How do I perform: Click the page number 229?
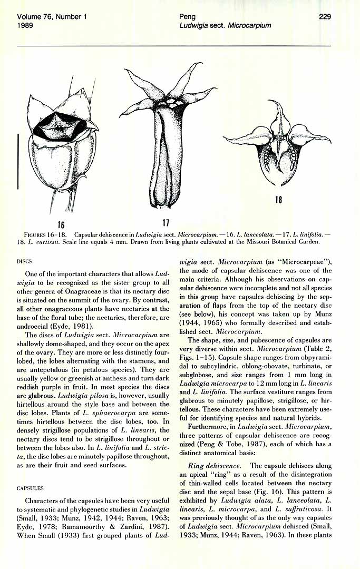click(325, 17)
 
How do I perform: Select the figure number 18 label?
click(278, 200)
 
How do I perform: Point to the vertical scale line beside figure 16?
click(18, 161)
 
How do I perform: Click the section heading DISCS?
click(25, 261)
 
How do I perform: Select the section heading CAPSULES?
click(30, 488)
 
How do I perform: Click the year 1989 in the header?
click(26, 25)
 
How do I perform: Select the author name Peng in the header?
click(187, 17)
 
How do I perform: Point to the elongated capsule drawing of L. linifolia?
click(164, 158)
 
